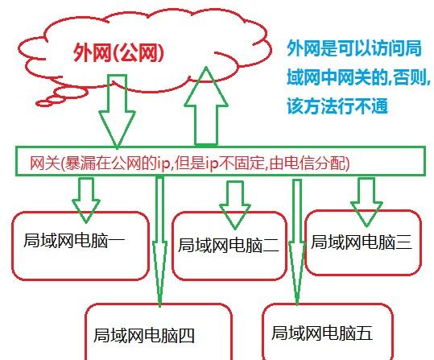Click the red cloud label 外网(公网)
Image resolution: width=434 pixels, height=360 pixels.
tap(118, 52)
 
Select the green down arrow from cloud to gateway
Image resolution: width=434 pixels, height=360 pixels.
tap(117, 111)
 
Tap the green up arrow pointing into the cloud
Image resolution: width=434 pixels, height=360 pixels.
tap(206, 106)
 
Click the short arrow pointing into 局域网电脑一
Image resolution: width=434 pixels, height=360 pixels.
tap(86, 200)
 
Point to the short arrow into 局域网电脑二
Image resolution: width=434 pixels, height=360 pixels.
tap(235, 205)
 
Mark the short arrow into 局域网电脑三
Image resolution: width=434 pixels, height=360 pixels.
tap(366, 202)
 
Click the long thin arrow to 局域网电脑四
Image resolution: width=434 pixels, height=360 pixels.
tap(159, 242)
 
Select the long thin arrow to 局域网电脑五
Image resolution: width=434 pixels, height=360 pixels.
tap(297, 242)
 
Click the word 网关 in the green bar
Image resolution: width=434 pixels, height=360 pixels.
tap(45, 163)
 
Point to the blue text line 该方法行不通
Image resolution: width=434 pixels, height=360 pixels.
tap(337, 106)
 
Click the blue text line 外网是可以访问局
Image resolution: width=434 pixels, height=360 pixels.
tap(354, 48)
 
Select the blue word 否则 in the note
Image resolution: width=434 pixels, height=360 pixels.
tap(409, 77)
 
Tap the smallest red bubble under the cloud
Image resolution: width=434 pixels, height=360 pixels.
tap(43, 104)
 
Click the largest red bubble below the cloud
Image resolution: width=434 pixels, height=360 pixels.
tap(71, 93)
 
